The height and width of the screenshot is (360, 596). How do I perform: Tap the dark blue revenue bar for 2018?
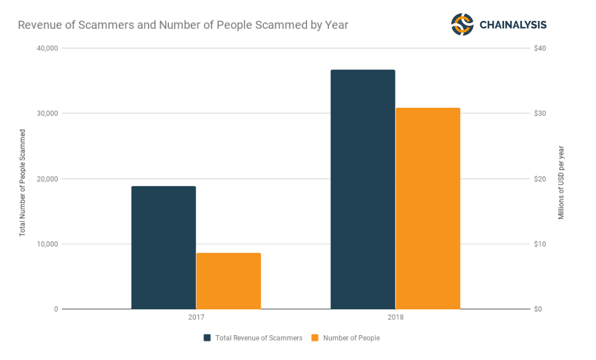click(x=363, y=189)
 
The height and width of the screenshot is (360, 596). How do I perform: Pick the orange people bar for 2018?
click(x=428, y=208)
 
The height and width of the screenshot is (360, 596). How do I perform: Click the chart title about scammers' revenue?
click(x=183, y=25)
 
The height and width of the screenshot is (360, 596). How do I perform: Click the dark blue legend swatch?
click(x=208, y=338)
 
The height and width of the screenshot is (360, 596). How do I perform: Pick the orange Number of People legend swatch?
click(x=315, y=338)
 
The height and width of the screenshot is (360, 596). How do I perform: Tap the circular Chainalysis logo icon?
click(x=462, y=24)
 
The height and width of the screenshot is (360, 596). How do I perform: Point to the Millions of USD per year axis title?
click(x=561, y=183)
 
